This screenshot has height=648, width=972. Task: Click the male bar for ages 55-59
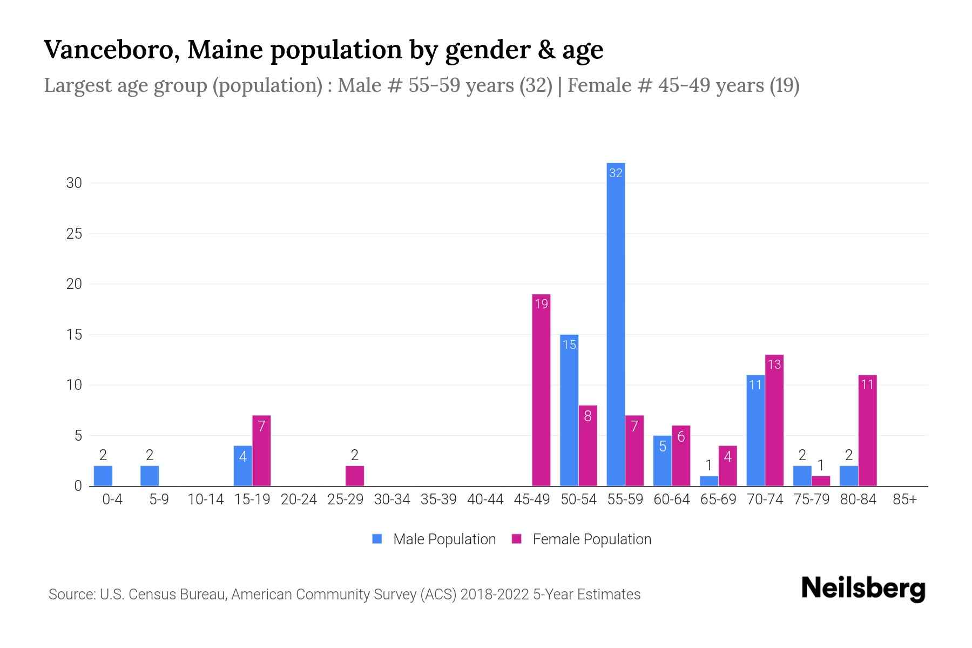[x=616, y=324]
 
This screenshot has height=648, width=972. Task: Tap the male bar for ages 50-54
[x=569, y=410]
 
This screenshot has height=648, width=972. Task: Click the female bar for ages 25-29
[x=355, y=476]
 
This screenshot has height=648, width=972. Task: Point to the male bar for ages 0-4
[x=103, y=476]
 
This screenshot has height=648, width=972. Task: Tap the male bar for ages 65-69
[x=709, y=481]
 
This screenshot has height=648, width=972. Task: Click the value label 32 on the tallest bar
[x=616, y=173]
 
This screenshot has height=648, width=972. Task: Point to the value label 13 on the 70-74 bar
[x=774, y=364]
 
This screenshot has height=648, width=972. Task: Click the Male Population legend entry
[x=434, y=539]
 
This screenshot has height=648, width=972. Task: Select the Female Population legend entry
[x=582, y=539]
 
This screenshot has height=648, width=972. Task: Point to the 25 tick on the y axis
[x=74, y=234]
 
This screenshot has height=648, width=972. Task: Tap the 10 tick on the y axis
[x=74, y=385]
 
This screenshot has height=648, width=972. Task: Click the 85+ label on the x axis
[x=905, y=500]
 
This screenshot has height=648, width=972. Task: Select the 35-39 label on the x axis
[x=438, y=500]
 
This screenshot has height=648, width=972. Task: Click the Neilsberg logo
[x=863, y=589]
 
